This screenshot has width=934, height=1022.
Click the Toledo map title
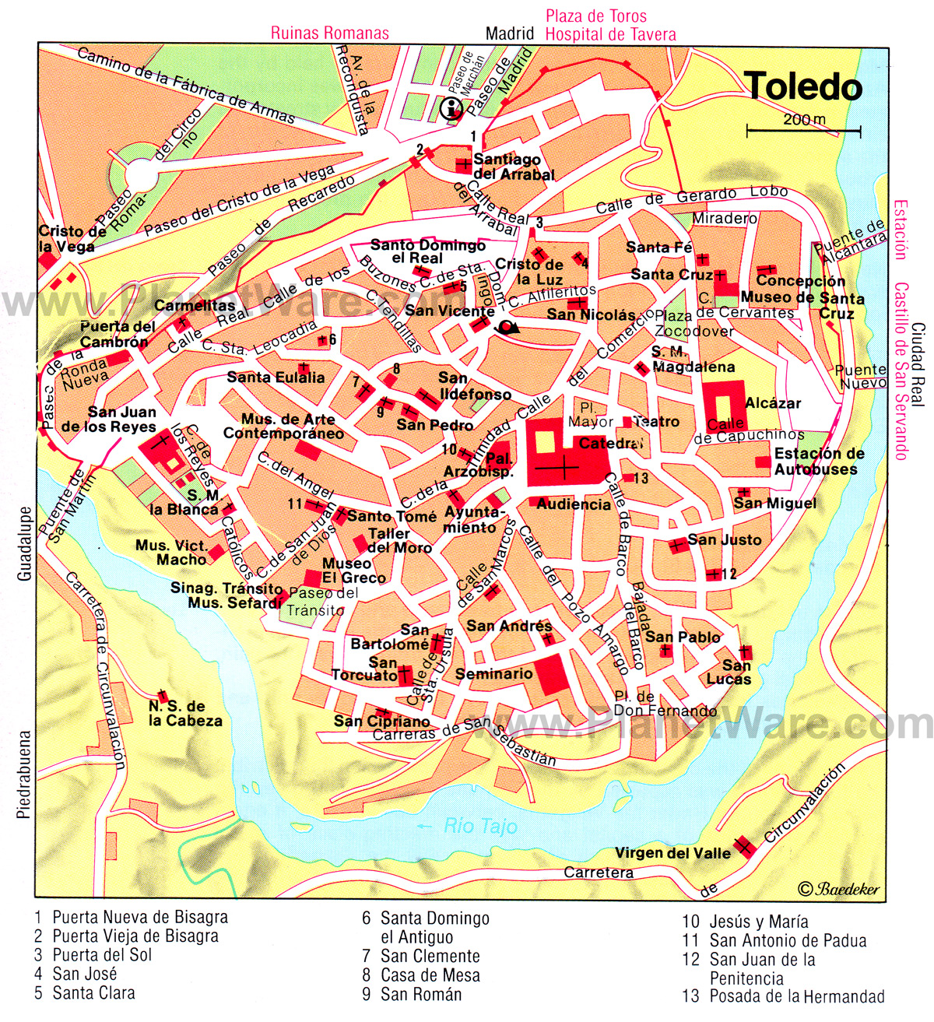pos(802,87)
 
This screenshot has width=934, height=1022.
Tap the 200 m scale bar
pos(804,129)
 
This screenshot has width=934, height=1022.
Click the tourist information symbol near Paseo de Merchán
pos(451,109)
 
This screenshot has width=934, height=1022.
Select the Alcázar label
pos(772,403)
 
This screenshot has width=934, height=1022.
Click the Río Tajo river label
pos(479,827)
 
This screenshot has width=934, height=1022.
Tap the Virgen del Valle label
pos(672,853)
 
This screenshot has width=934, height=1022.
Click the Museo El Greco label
pos(353,571)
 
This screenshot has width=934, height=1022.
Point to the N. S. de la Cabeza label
pos(184,714)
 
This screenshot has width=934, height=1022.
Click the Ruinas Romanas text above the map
pos(329,33)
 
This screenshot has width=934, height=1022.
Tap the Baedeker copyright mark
pos(838,889)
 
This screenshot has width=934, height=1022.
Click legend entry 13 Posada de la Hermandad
pos(783,996)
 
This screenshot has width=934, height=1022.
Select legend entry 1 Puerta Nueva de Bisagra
pos(131,918)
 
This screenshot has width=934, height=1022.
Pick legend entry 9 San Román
pos(411,994)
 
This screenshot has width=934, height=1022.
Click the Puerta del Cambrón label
pos(118,334)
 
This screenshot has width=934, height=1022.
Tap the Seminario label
pos(493,674)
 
